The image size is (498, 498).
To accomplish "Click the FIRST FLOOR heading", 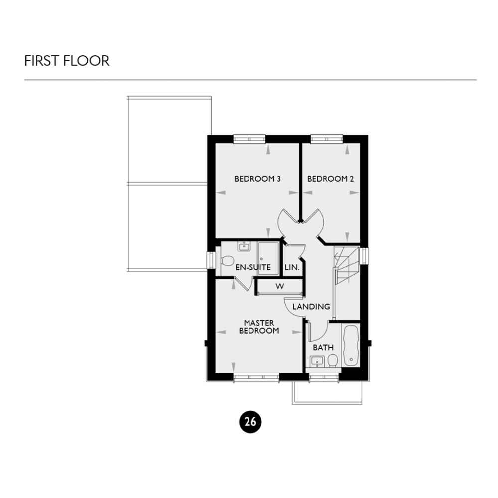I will [x=67, y=61].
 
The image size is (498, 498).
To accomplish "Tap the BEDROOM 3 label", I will [x=257, y=179].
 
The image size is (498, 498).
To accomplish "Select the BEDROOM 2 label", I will [x=330, y=179].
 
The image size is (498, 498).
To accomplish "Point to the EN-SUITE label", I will [x=253, y=267].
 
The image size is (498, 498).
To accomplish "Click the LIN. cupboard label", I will [x=292, y=267].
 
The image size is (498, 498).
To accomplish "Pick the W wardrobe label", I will [x=279, y=287].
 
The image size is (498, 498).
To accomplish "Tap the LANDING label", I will [x=311, y=306].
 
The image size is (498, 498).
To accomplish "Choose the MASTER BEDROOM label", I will [x=258, y=327].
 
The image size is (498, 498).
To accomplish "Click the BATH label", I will [x=323, y=347].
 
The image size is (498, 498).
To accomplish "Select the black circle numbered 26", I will [x=250, y=422].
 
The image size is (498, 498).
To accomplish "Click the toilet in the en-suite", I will [x=227, y=260].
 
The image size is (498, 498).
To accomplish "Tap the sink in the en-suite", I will [x=244, y=247].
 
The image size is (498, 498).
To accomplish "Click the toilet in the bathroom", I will [x=333, y=360].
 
